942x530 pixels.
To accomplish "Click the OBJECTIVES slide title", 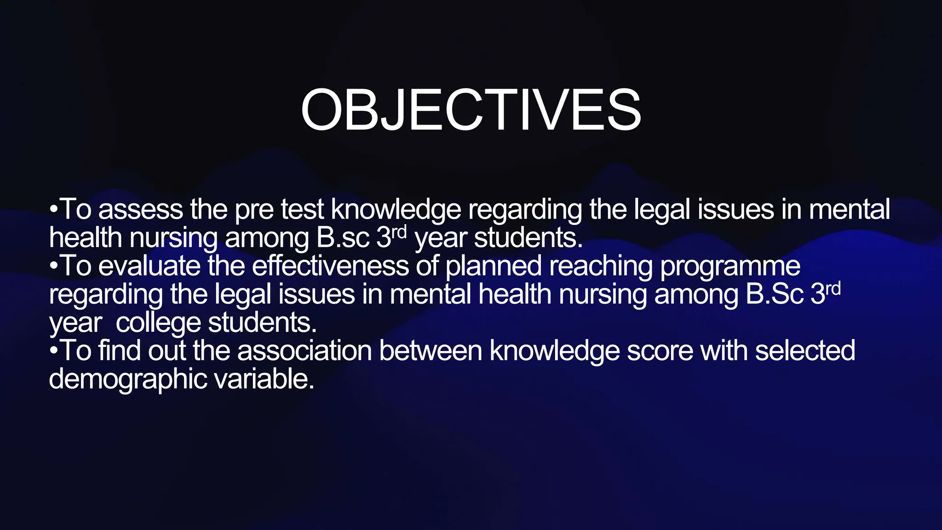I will [471, 110].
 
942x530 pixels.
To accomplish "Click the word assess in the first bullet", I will [140, 209].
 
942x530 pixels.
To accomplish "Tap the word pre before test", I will [254, 210].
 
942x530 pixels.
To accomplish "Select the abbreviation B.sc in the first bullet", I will [343, 238].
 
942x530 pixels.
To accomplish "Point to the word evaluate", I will [149, 266].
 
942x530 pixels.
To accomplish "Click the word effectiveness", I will [330, 266].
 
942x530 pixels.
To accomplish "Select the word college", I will [158, 323].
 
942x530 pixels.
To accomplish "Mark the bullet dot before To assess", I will [54, 210].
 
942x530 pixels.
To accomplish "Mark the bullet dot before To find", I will [54, 351].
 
